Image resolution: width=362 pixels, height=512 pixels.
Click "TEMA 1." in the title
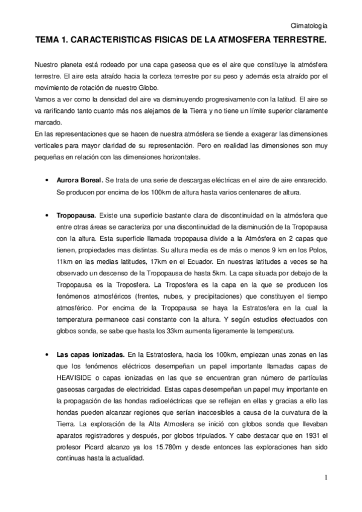point(51,40)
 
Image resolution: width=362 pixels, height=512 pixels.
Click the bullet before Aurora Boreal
point(47,181)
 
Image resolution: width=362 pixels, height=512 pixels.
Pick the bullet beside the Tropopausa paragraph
point(47,215)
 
